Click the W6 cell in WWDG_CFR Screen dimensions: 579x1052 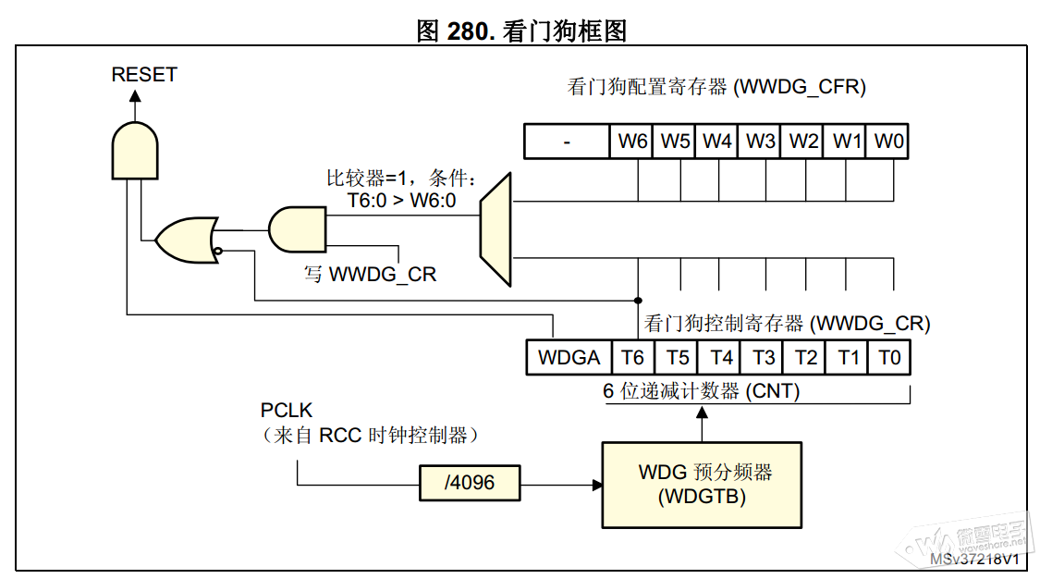tap(632, 142)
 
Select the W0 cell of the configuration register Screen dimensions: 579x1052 tap(889, 142)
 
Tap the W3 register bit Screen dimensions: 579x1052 tap(760, 142)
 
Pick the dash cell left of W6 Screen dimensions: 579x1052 tap(567, 142)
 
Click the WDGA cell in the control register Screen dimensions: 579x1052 tap(569, 357)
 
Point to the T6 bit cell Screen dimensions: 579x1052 tap(632, 357)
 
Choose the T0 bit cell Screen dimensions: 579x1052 tap(889, 357)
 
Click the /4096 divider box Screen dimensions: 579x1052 tap(469, 483)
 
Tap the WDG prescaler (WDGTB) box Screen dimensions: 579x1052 tap(702, 485)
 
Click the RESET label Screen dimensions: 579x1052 tap(144, 75)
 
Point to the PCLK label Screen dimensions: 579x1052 tap(287, 409)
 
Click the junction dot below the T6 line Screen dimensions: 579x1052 tap(637, 300)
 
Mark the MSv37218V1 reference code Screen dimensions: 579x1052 tap(974, 560)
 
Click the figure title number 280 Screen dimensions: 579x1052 tap(471, 31)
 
